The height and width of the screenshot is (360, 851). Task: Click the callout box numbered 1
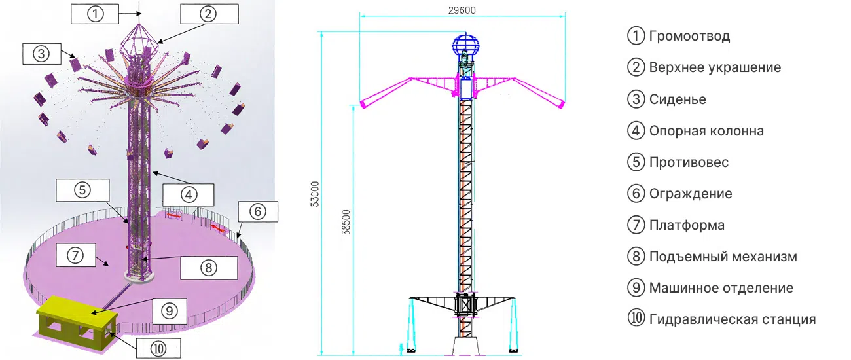95,14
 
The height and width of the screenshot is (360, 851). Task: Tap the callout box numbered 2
209,14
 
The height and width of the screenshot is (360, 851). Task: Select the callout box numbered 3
42,54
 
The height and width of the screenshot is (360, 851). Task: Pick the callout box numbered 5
82,190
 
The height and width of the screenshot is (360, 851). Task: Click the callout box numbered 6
258,211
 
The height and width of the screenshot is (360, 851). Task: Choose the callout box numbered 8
209,268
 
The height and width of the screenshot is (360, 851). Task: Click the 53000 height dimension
315,194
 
